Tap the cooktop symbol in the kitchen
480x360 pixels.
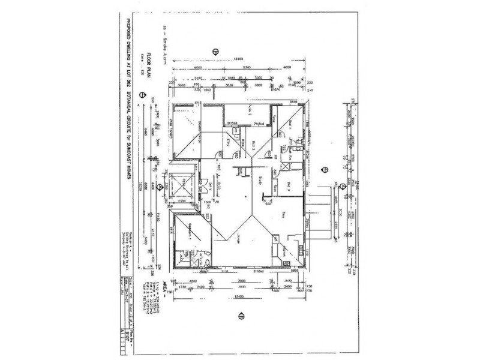pyautogui.click(x=277, y=237)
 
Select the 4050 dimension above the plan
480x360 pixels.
pyautogui.click(x=286, y=68)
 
